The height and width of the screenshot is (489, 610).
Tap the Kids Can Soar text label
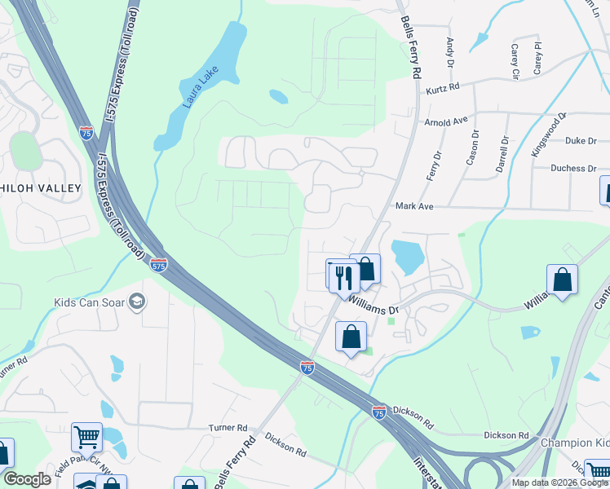pos(90,302)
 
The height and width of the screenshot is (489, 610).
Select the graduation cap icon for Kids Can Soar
pos(137,302)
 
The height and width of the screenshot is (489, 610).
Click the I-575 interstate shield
pos(159,264)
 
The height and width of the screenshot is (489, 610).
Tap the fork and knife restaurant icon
pos(343,276)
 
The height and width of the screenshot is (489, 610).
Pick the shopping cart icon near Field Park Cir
pos(86,437)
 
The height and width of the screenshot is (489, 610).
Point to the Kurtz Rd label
pos(443,86)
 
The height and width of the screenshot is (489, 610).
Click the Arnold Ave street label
pos(446,122)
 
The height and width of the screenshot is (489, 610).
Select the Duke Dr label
pos(581,141)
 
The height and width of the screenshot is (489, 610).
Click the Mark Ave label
pos(414,207)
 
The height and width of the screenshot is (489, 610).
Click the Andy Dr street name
pos(449,51)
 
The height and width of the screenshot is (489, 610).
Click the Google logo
pos(26,479)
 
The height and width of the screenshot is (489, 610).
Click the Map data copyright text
pos(559,482)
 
